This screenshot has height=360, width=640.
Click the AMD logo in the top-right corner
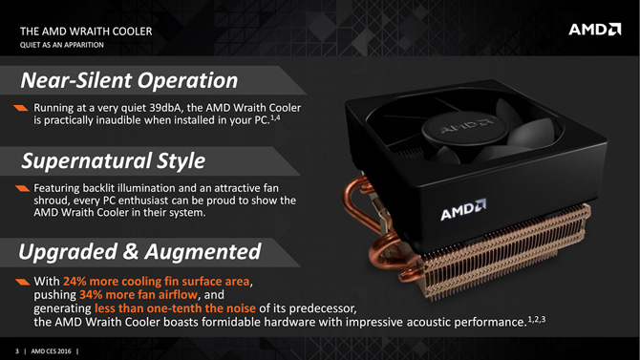595,30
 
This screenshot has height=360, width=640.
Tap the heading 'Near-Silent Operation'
129,80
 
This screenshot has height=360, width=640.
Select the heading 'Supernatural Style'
114,160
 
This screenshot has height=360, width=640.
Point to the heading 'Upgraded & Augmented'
139,251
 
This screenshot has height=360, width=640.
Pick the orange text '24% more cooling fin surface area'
156,282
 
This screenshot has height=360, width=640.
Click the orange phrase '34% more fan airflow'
139,295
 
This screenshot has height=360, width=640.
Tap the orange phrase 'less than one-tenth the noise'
175,308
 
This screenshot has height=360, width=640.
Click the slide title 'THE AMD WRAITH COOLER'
86,32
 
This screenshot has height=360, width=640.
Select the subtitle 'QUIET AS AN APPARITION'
62,45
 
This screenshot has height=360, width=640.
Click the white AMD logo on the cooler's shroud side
463,210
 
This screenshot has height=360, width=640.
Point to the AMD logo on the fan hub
466,127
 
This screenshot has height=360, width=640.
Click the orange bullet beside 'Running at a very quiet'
21,108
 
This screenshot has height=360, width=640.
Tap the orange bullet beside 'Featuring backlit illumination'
23,188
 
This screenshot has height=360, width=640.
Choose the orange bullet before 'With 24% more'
23,282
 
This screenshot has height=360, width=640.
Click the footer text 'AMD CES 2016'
51,351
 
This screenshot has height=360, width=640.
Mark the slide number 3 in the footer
17,351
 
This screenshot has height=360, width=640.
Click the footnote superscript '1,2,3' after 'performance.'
537,319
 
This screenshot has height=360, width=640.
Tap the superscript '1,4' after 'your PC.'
275,118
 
